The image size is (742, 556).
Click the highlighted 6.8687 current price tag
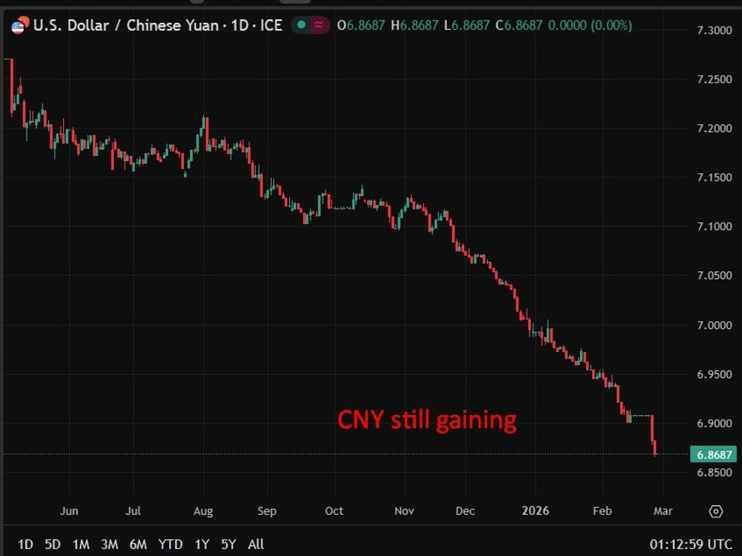pos(714,455)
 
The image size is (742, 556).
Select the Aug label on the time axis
pos(202,510)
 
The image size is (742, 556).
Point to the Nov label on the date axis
pos(404,510)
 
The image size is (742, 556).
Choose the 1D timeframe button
pos(25,544)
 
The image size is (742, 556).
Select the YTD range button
pos(170,544)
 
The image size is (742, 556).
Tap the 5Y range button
pos(228,544)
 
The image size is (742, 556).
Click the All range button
pos(256,544)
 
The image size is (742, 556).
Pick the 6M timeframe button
pos(138,544)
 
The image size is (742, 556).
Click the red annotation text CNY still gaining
pos(427,420)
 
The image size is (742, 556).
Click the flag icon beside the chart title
pos(18,25)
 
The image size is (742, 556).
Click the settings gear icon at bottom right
pos(715,511)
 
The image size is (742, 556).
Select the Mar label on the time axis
pos(662,510)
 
